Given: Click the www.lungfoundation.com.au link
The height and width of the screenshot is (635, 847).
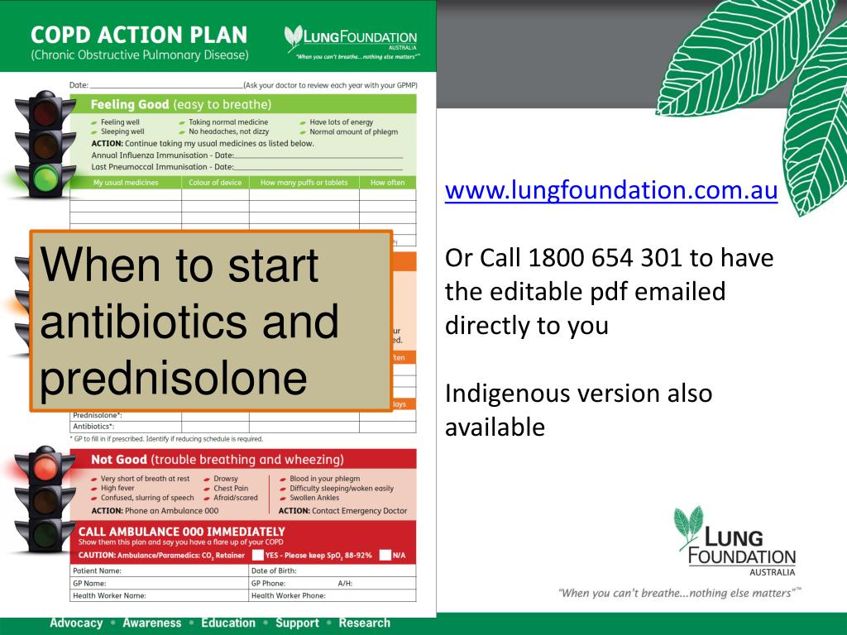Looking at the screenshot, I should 611,191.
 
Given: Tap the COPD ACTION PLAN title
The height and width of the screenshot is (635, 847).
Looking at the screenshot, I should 139,36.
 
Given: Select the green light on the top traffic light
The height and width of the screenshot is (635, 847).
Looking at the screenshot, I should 45,176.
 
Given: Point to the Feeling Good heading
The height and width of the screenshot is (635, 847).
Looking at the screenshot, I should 130,105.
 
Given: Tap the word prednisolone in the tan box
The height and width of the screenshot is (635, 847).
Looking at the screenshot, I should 173,379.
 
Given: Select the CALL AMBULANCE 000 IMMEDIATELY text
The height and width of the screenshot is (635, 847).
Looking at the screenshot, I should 181,531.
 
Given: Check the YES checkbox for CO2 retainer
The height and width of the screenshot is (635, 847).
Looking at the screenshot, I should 258,555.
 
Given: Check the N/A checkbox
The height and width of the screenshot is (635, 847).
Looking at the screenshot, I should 385,555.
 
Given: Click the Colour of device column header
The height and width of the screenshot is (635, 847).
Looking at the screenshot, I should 215,183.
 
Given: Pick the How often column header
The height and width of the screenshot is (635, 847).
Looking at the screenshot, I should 387,183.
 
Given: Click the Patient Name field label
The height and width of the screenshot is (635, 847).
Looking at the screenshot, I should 98,571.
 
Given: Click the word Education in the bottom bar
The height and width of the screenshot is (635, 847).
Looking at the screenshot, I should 228,623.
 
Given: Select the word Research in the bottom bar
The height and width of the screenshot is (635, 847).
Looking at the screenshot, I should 364,623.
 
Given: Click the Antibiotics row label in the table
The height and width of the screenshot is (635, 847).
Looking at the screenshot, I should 93,427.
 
